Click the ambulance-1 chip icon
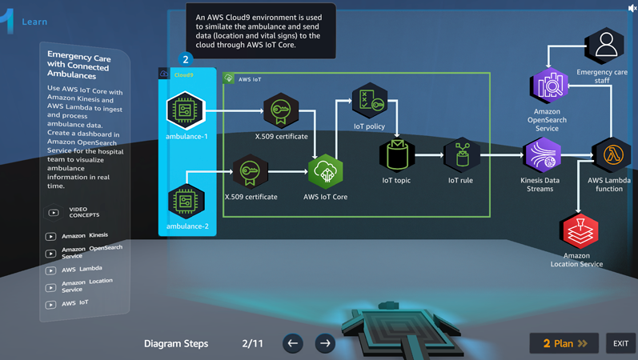pyautogui.click(x=186, y=110)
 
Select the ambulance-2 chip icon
pyautogui.click(x=186, y=200)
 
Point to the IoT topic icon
pyautogui.click(x=396, y=155)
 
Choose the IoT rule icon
pyautogui.click(x=461, y=155)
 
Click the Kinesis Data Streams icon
pyautogui.click(x=541, y=155)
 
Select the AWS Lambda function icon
pyautogui.click(x=611, y=154)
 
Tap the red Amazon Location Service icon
pyautogui.click(x=577, y=231)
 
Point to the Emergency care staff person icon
pyautogui.click(x=604, y=46)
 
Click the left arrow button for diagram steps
pyautogui.click(x=293, y=343)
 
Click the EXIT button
pyautogui.click(x=620, y=343)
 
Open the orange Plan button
pyautogui.click(x=564, y=343)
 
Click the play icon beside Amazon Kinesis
pyautogui.click(x=50, y=237)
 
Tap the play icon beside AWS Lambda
pyautogui.click(x=50, y=270)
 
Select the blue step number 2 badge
pyautogui.click(x=186, y=59)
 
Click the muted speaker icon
pyautogui.click(x=632, y=7)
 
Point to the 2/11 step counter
pyautogui.click(x=252, y=343)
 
